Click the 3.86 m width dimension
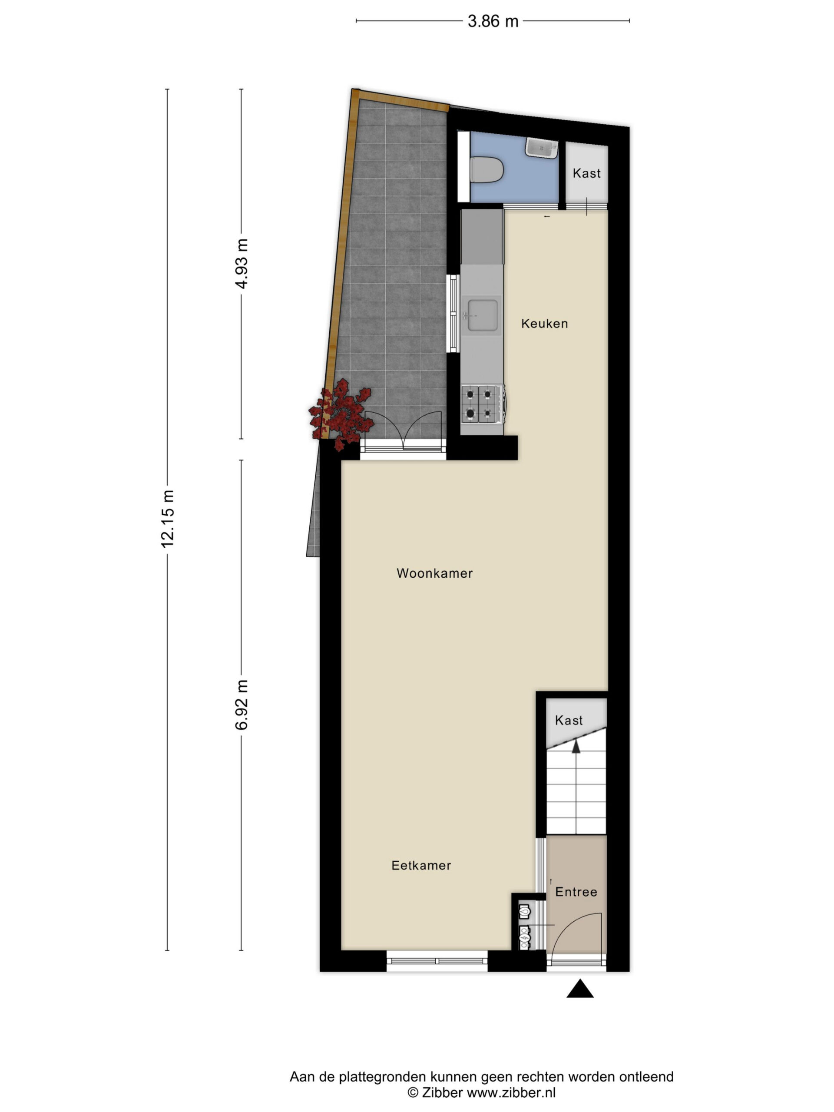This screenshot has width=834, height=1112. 492,21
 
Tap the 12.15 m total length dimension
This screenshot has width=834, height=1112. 167,518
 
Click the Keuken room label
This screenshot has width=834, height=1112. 544,324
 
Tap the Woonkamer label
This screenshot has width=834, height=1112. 434,573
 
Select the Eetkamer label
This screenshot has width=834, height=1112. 421,866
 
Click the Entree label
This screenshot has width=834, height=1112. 576,892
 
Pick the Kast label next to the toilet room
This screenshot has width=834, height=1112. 587,173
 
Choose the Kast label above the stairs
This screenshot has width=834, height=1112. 569,720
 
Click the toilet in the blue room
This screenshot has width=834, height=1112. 486,170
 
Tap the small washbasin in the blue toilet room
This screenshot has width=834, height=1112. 542,148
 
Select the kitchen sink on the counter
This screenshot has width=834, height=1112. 482,316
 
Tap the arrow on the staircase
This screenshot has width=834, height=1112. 576,746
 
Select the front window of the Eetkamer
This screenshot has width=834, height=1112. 437,961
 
